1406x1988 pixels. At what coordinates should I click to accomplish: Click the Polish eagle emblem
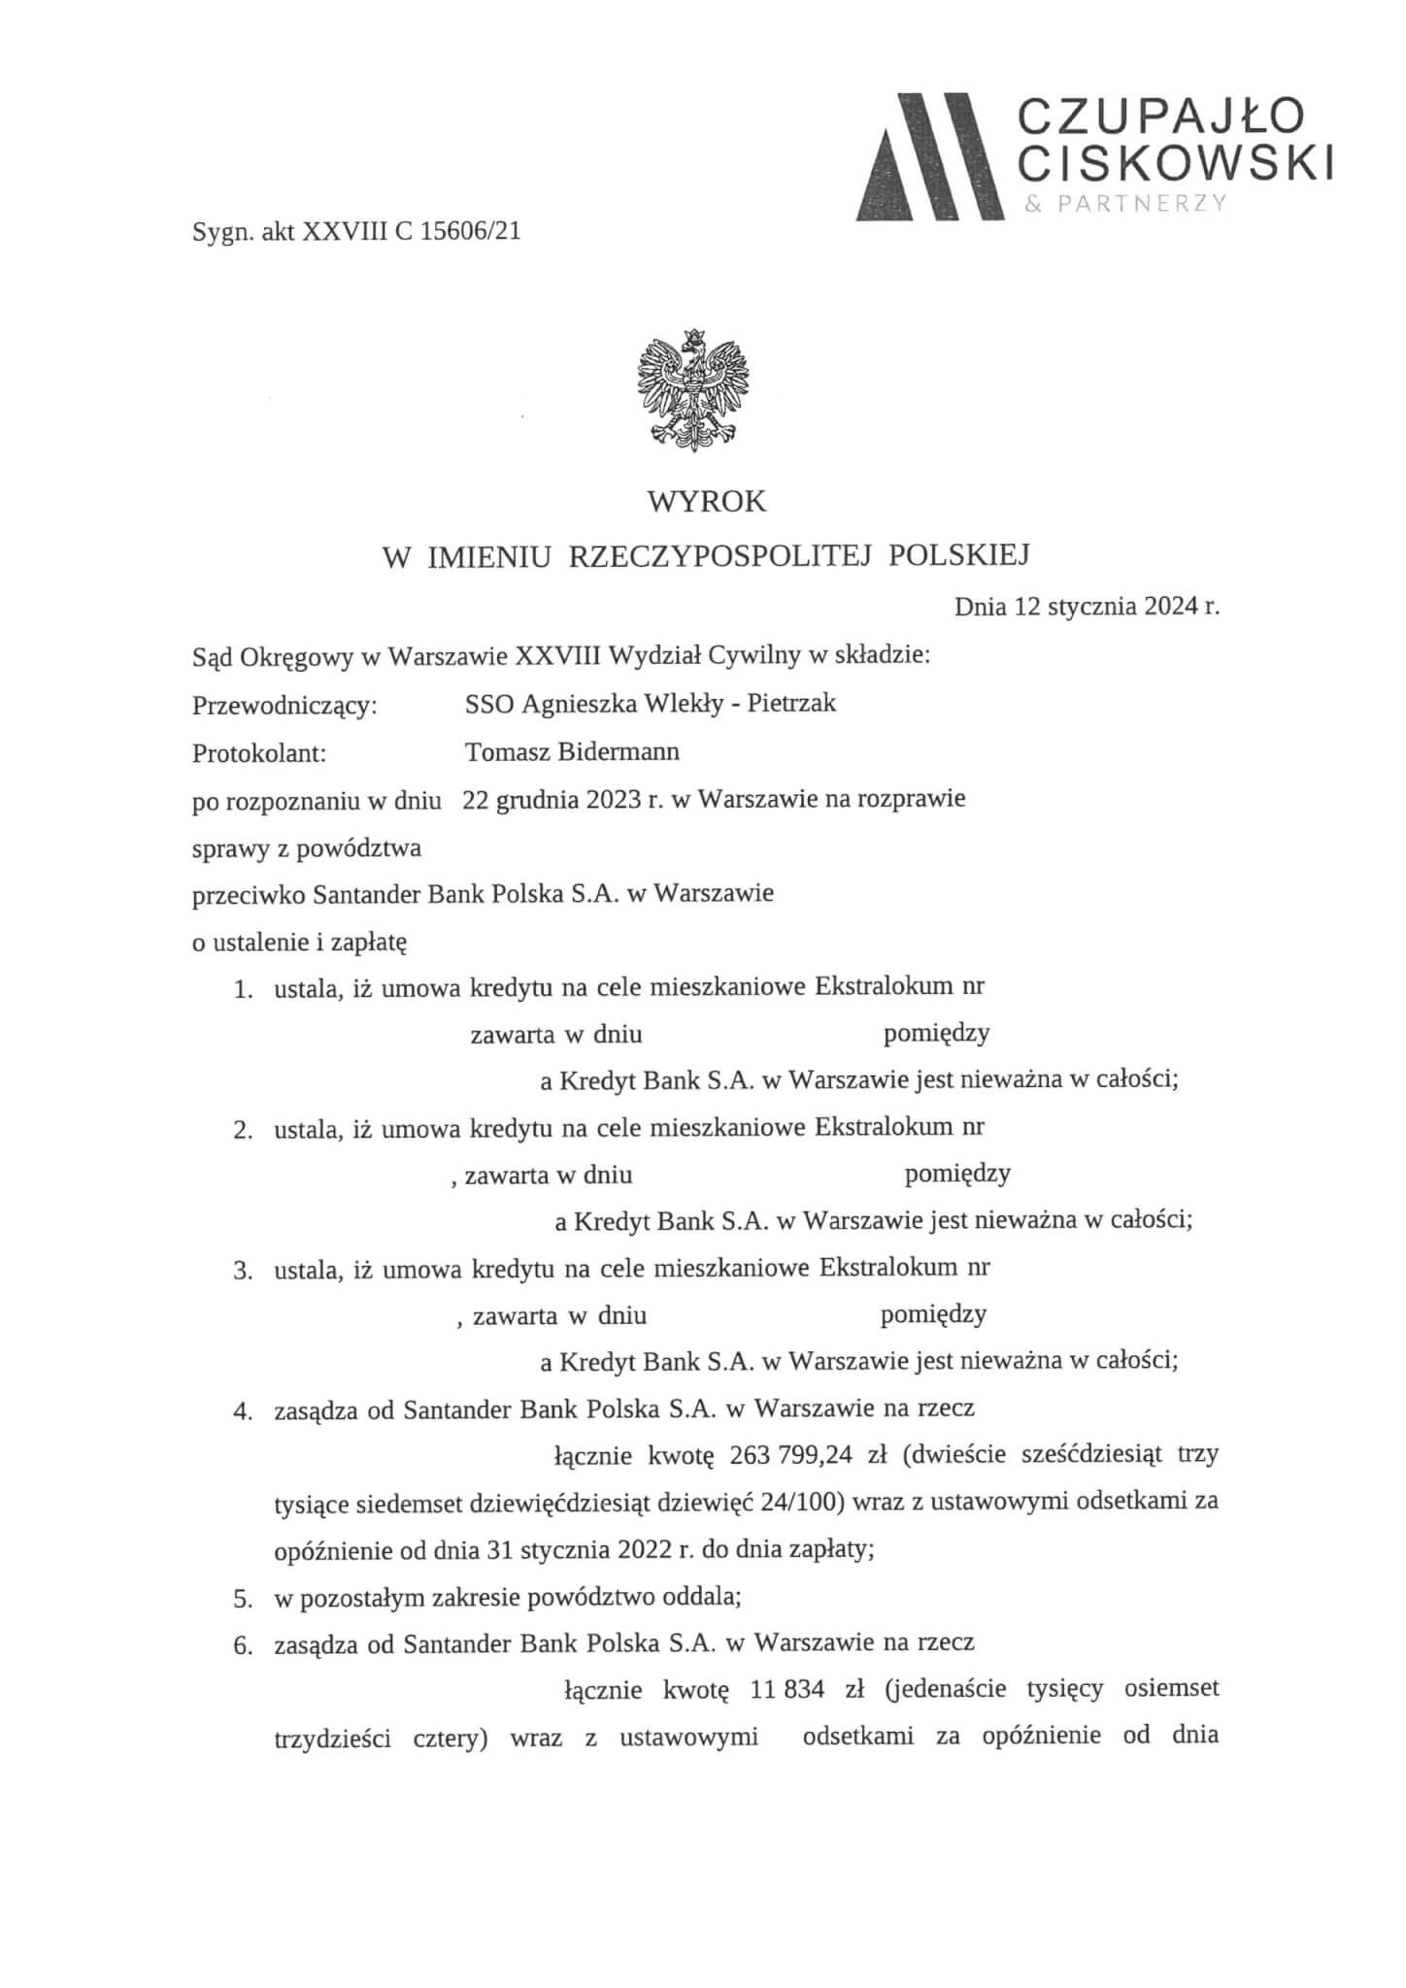coord(693,389)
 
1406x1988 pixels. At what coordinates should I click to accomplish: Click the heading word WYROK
coord(707,502)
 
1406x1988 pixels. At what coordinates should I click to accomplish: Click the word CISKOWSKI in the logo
coord(1174,164)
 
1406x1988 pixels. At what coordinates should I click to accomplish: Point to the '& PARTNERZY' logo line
coord(1125,204)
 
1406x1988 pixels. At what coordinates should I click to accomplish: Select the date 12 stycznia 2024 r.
coord(1117,608)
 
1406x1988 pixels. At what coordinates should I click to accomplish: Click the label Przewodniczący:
coord(285,705)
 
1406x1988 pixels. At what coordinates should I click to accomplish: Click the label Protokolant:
coord(259,752)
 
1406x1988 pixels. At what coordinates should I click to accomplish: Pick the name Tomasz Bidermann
coord(572,751)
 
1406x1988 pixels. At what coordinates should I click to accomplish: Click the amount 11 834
coord(787,1689)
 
